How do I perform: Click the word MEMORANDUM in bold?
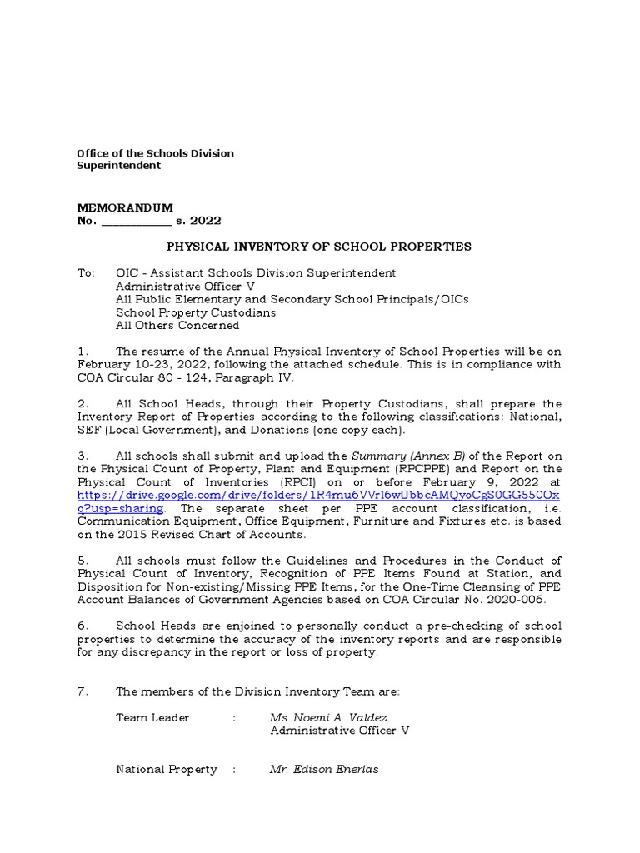click(x=124, y=207)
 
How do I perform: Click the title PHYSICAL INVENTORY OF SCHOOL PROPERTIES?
click(x=319, y=247)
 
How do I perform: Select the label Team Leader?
click(x=152, y=717)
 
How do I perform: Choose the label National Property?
click(x=166, y=769)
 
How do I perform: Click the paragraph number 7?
click(x=81, y=691)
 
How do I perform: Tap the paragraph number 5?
click(x=81, y=560)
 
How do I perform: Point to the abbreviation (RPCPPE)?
click(x=431, y=468)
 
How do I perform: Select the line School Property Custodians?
click(x=196, y=312)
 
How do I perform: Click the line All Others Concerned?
click(x=177, y=326)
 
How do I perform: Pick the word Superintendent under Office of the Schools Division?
click(x=118, y=166)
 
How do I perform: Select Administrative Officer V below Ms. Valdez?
click(x=340, y=731)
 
